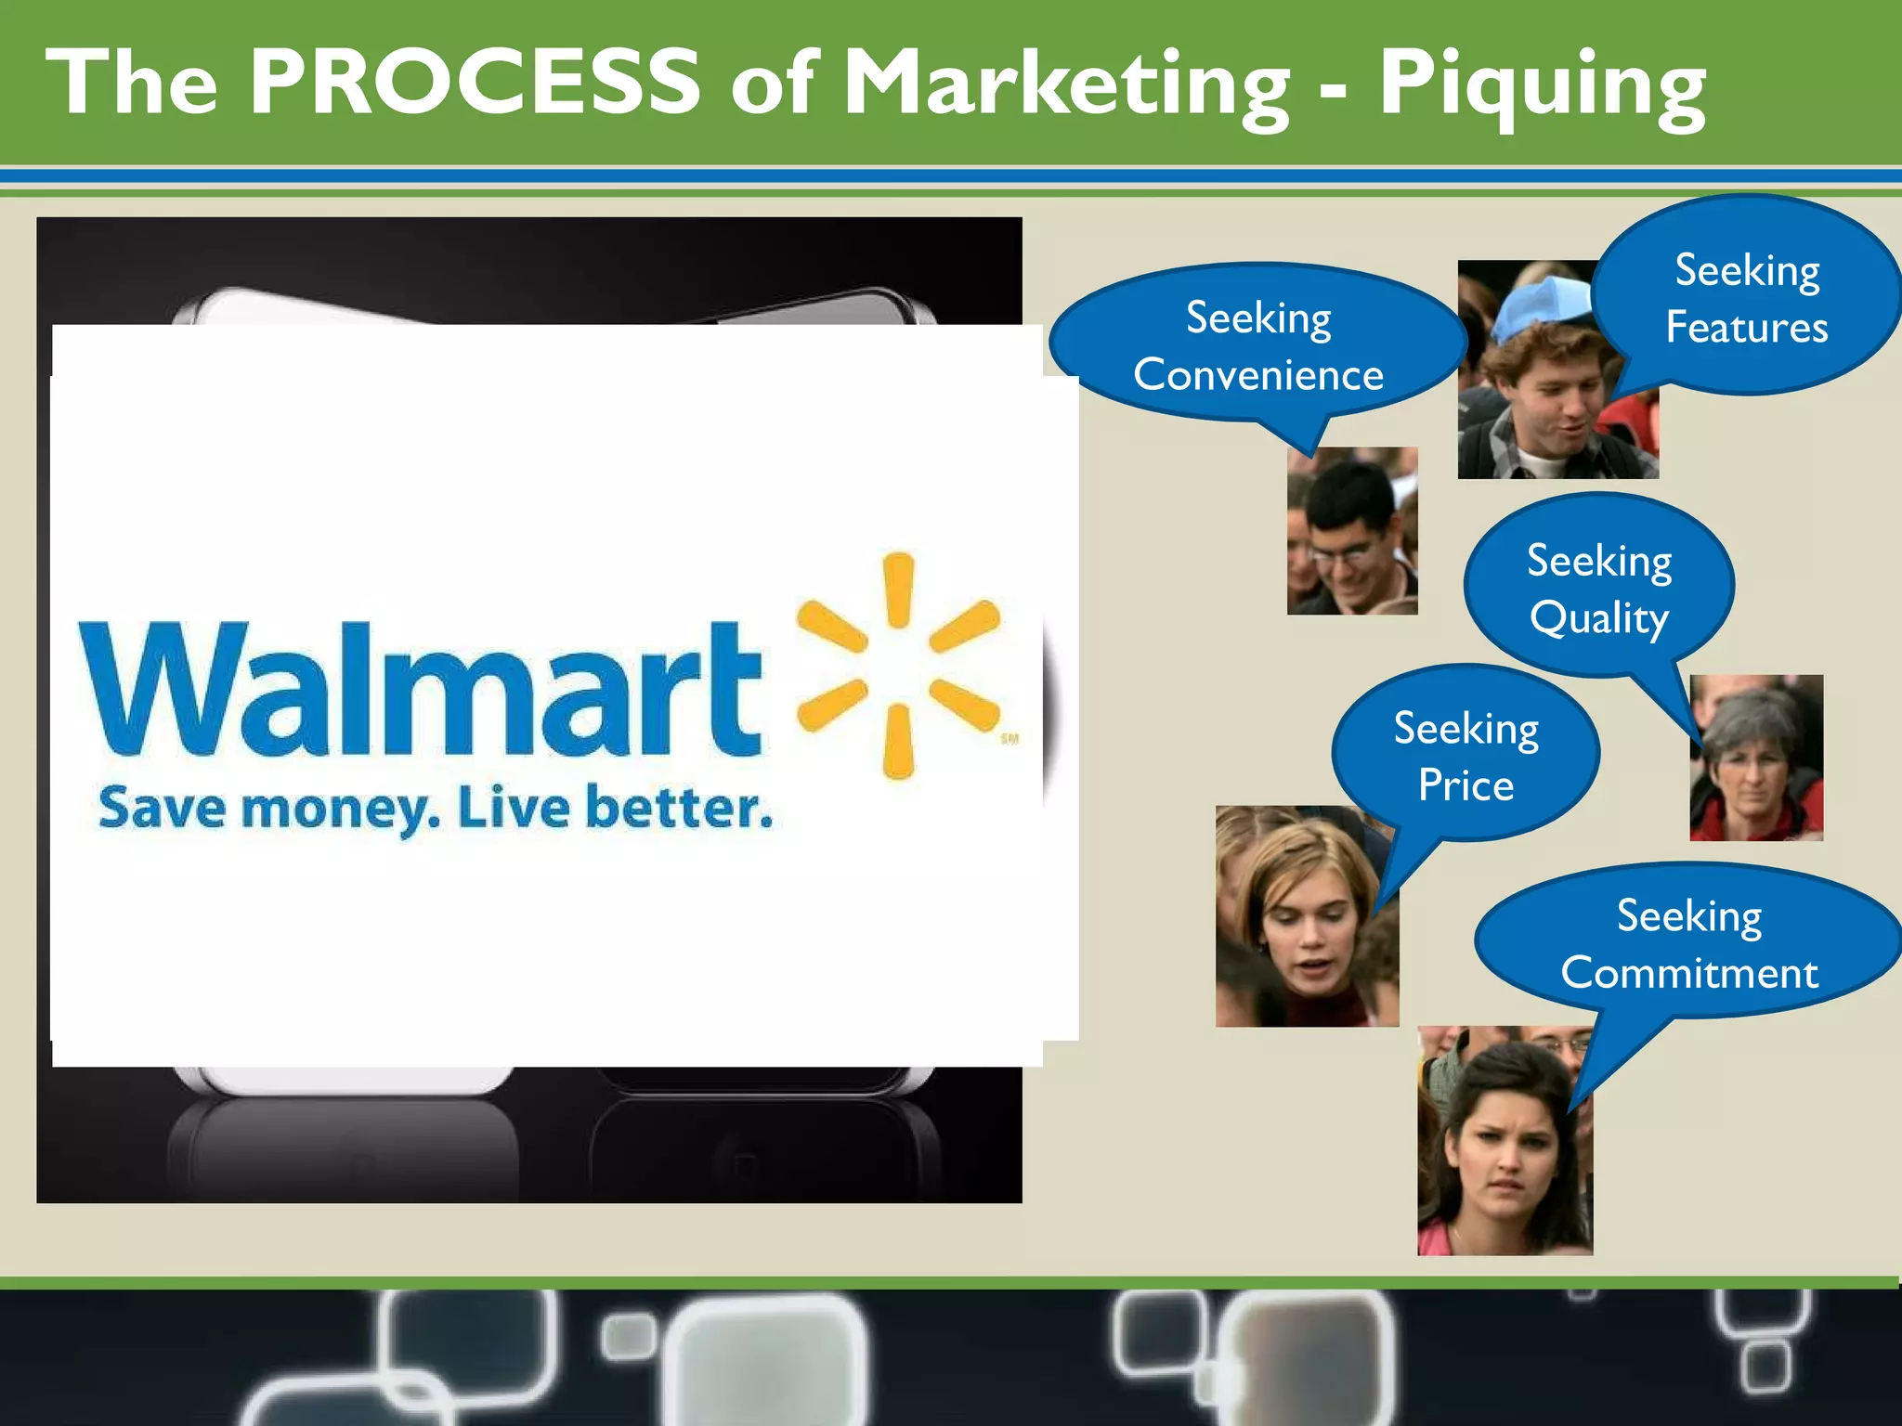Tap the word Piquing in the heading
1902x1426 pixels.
1541,85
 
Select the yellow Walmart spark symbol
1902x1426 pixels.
898,665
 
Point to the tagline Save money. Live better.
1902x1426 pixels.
435,809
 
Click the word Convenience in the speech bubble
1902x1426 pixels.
1258,375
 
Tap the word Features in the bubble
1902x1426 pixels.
1746,328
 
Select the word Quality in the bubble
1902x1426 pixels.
1599,619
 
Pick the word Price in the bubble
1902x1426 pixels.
1466,786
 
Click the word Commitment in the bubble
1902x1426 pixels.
1688,973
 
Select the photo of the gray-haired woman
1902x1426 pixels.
1755,758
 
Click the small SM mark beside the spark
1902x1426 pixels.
1010,739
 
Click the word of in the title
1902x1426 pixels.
772,85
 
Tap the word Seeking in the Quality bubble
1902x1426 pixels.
1599,562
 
